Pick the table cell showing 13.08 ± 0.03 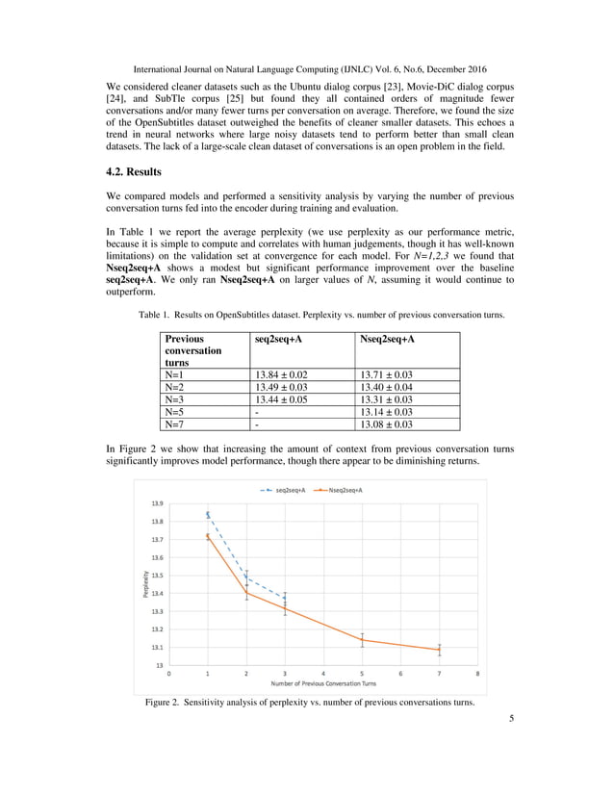pyautogui.click(x=385, y=423)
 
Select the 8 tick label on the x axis pyautogui.click(x=476, y=674)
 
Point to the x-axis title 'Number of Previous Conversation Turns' pyautogui.click(x=323, y=683)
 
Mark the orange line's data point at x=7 pyautogui.click(x=439, y=650)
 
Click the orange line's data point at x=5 pyautogui.click(x=362, y=640)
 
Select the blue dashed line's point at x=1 pyautogui.click(x=208, y=515)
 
